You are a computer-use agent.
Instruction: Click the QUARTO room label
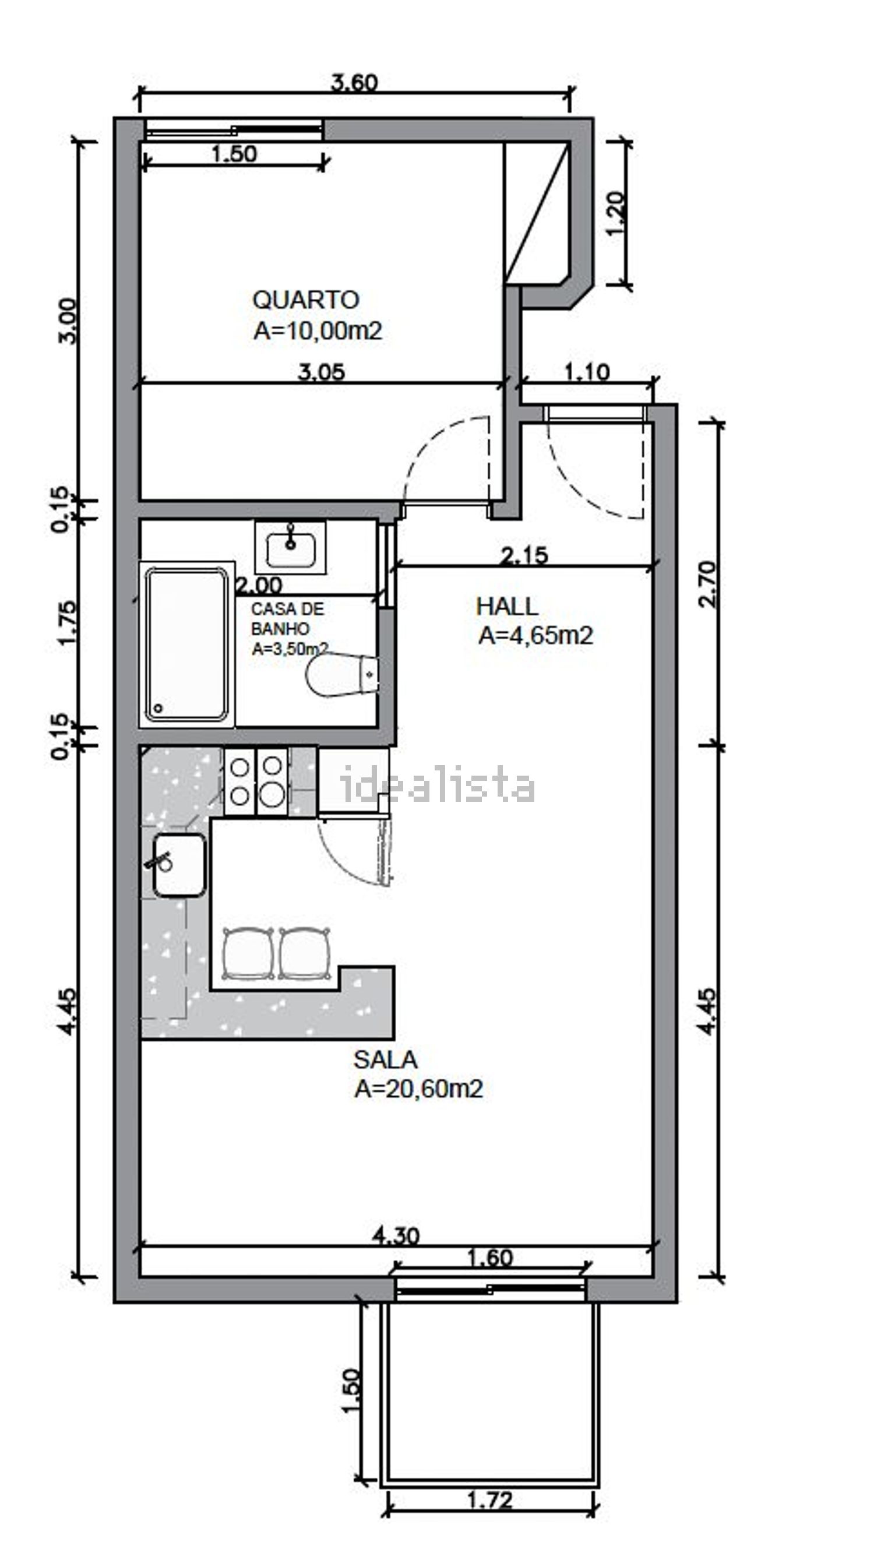[306, 300]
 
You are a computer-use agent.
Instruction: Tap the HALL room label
[507, 607]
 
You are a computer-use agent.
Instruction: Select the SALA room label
[385, 1059]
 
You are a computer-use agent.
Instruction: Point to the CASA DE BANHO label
[288, 619]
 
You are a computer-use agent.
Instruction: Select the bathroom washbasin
[291, 547]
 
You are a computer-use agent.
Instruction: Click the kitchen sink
[179, 865]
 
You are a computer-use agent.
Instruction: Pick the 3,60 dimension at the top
[355, 82]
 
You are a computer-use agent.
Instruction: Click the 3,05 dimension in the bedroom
[321, 372]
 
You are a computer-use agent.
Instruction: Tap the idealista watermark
[438, 785]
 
